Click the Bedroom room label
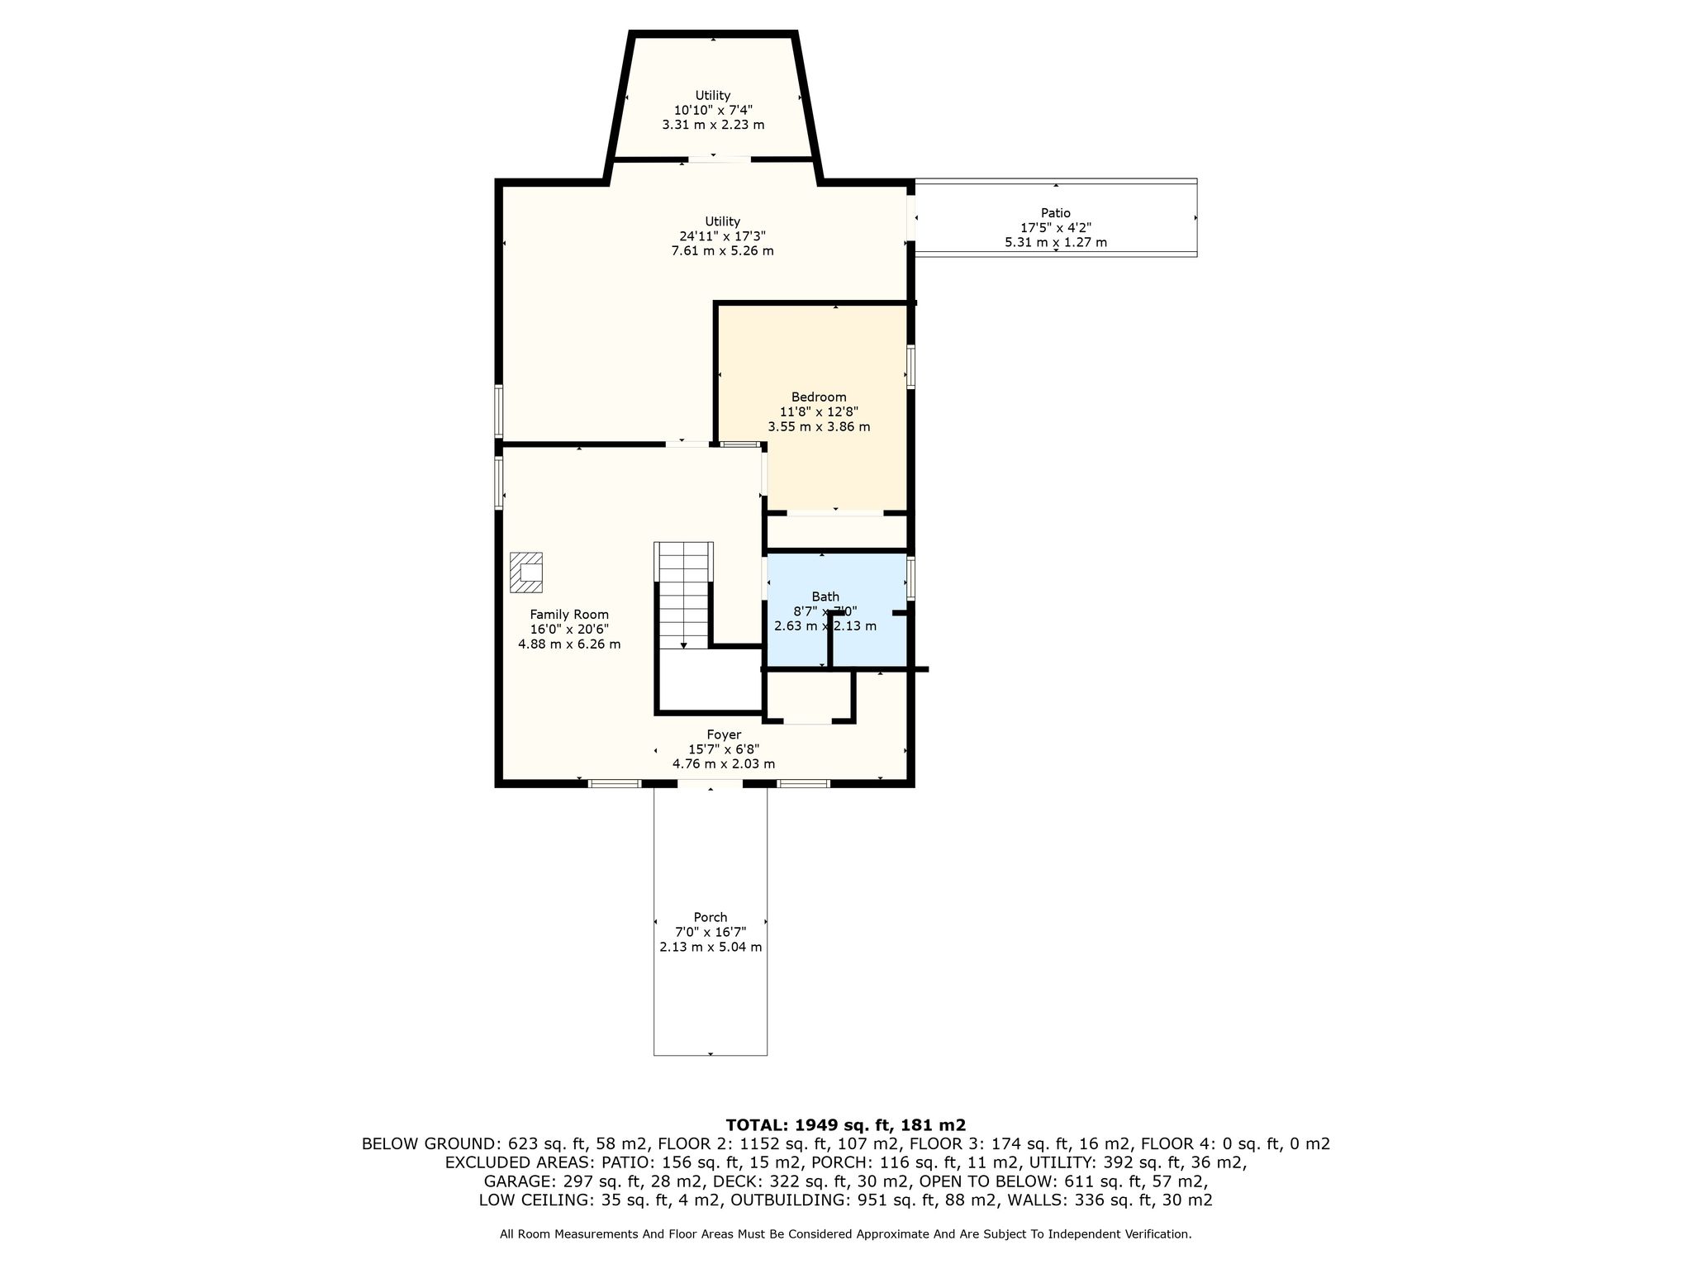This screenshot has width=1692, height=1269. tap(818, 397)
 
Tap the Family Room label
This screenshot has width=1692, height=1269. tap(569, 614)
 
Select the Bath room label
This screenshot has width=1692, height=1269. tap(825, 596)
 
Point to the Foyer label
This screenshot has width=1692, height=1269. tap(724, 734)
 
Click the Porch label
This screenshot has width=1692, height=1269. tap(711, 917)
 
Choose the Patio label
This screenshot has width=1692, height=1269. tap(1056, 213)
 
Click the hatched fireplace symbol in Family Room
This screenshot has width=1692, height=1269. tap(525, 572)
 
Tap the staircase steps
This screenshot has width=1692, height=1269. tap(684, 595)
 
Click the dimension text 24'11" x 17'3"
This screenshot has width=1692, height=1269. tap(722, 236)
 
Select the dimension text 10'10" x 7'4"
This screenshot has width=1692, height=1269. tap(713, 110)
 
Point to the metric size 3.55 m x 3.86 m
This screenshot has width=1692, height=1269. tap(819, 427)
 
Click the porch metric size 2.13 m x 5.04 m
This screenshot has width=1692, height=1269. tap(711, 947)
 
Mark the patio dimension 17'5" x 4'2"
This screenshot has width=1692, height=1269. tap(1056, 228)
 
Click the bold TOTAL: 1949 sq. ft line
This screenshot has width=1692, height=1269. tap(845, 1124)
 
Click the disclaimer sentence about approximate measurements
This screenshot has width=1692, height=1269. tap(845, 1234)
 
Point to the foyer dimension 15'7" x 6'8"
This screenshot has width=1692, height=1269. tap(724, 749)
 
